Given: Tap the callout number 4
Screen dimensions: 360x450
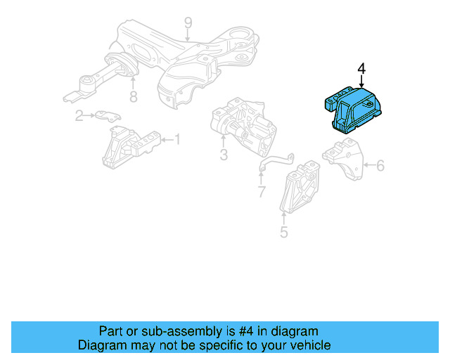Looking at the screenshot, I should [361, 69].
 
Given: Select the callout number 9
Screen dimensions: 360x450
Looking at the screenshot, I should [188, 25].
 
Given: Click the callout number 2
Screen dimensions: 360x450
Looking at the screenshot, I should [79, 116].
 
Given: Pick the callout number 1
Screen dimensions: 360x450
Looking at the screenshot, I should [176, 141].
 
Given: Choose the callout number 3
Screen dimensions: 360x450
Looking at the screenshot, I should [223, 155].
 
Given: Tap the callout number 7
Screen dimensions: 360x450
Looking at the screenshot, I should [261, 191].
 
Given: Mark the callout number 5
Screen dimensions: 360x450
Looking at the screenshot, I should [283, 231].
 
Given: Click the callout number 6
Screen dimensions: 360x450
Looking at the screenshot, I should [380, 166].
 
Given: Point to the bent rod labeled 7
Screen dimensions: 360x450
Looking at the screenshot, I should [275, 160].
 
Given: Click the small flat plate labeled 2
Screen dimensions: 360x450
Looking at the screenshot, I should [107, 115].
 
